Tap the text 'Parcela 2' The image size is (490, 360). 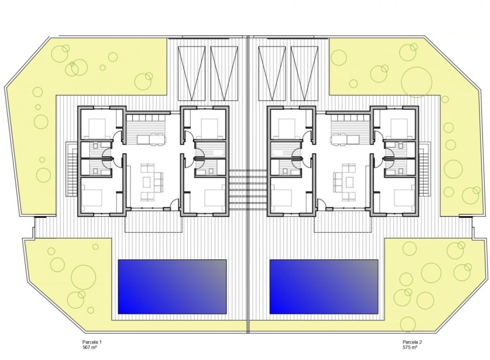(412, 342)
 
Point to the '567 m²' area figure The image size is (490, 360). (92, 348)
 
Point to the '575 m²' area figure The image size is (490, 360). (411, 348)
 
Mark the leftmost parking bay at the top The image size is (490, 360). (188, 73)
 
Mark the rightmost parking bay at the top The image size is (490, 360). (305, 73)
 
